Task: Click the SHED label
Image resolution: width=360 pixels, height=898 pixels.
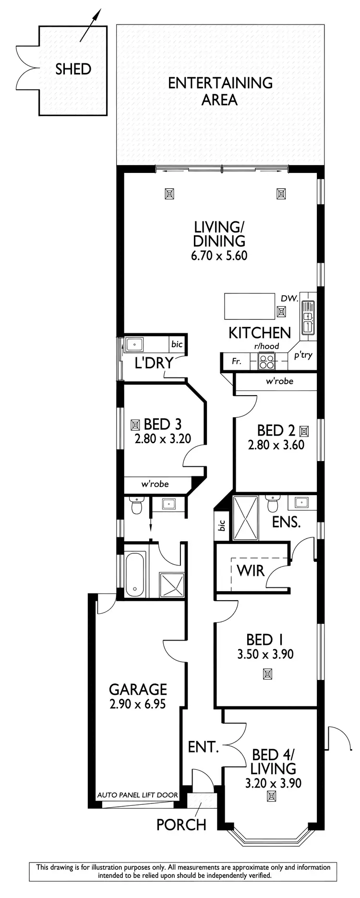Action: (x=73, y=69)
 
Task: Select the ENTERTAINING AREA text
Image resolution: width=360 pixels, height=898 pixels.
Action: (x=220, y=91)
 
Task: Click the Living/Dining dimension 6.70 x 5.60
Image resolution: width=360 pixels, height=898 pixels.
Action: (x=219, y=255)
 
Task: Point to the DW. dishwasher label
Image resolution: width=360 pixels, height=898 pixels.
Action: (x=289, y=299)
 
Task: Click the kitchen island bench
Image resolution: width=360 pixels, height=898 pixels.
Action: (x=250, y=306)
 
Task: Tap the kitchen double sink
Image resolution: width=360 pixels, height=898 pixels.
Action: (x=307, y=317)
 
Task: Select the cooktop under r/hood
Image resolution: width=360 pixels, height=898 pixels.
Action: (x=266, y=360)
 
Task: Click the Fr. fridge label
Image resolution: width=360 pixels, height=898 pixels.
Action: (x=237, y=361)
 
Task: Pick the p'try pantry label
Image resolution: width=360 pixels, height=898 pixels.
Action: (x=303, y=355)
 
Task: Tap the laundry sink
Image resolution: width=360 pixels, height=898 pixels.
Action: (x=134, y=344)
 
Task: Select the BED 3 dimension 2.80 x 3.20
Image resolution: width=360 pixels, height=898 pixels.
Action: (x=163, y=438)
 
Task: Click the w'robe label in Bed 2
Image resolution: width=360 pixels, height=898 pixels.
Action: (x=279, y=381)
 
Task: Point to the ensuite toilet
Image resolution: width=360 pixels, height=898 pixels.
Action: (x=272, y=506)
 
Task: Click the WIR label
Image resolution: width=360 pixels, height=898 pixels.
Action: (x=251, y=570)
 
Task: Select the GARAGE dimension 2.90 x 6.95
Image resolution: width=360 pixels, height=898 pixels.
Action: (x=138, y=704)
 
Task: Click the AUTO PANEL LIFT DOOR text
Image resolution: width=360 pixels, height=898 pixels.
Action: (x=138, y=795)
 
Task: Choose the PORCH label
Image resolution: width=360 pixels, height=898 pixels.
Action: (x=181, y=825)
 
